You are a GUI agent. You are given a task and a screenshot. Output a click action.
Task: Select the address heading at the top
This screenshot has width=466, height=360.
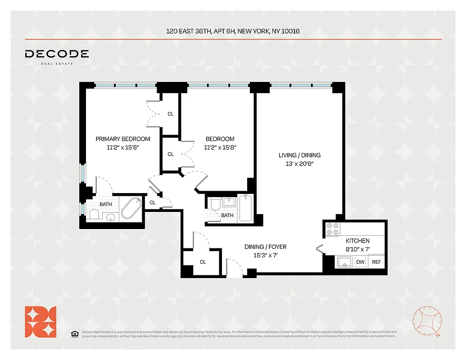click(233, 31)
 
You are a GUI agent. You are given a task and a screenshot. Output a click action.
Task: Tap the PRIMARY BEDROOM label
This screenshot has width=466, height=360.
click(123, 139)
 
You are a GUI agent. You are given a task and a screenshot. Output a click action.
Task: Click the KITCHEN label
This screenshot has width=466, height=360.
click(357, 241)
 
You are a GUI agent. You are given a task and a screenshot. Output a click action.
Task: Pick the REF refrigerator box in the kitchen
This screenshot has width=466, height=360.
click(376, 262)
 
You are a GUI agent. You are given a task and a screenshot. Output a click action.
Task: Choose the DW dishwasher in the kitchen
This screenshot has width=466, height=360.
click(361, 262)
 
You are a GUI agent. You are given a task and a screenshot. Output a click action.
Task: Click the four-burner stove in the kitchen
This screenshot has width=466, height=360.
click(332, 229)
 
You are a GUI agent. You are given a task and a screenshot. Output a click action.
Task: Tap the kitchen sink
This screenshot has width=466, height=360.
click(344, 261)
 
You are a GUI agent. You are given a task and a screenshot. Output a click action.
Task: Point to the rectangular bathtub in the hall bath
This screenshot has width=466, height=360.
click(245, 208)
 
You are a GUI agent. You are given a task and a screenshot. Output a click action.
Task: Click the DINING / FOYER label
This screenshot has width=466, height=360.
click(265, 247)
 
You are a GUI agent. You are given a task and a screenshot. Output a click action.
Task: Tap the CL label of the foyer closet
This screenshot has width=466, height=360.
click(203, 262)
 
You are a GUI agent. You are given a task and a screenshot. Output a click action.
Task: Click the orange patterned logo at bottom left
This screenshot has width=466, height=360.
click(41, 321)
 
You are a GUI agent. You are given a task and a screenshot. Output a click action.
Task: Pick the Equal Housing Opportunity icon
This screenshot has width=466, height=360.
click(75, 333)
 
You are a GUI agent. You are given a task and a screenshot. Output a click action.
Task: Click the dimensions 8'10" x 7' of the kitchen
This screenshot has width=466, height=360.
click(357, 249)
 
